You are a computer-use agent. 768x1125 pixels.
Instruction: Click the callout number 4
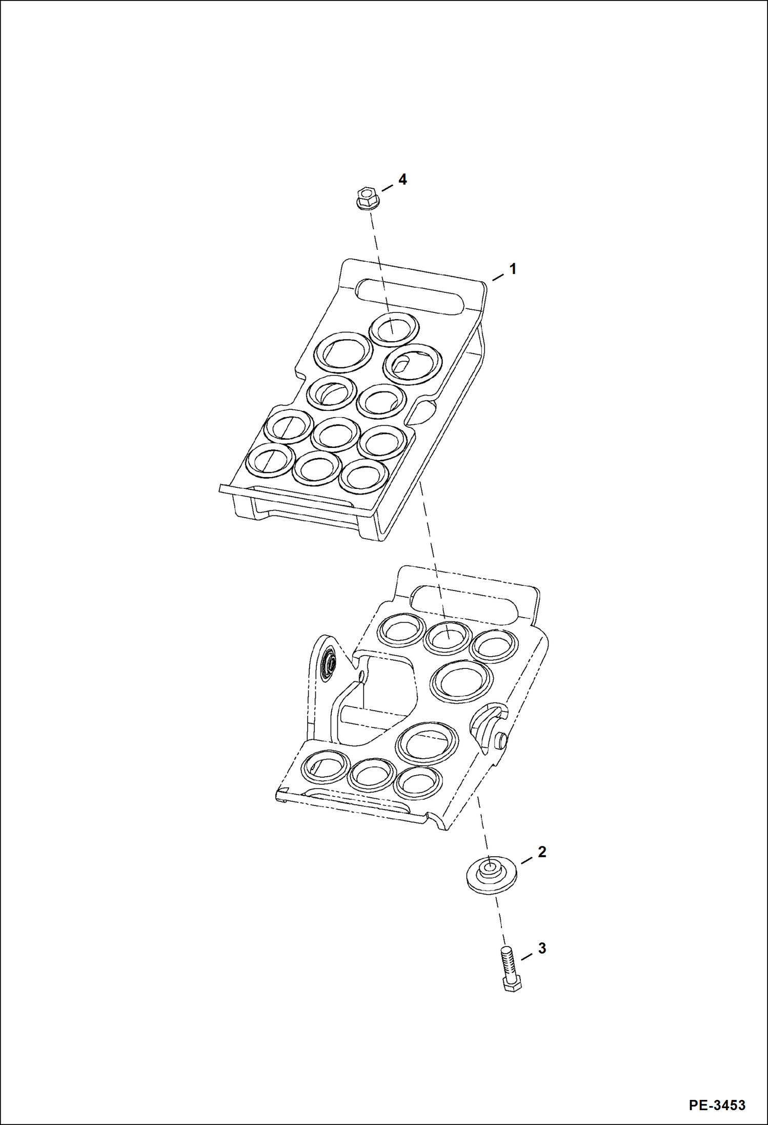coord(402,180)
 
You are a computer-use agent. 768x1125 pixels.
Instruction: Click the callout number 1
coord(512,269)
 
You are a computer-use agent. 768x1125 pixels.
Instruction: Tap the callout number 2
coord(542,852)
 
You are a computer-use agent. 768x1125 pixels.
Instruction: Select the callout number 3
coord(542,949)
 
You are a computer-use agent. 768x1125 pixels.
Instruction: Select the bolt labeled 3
coord(510,969)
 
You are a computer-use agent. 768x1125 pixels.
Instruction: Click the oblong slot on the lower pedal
coord(464,604)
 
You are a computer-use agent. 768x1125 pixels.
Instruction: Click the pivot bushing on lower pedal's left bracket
coord(328,667)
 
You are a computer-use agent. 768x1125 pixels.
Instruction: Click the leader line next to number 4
coord(388,187)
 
